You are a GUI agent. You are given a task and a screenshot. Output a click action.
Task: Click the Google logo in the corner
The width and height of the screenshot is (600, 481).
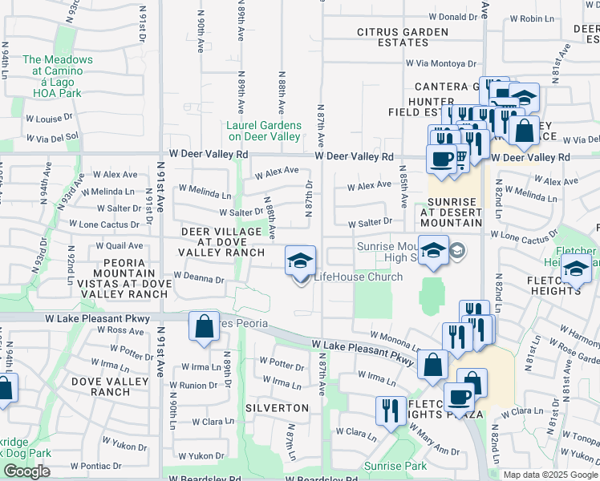[x=26, y=471]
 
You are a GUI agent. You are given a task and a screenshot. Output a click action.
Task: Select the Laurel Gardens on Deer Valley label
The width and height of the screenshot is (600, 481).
[x=264, y=131]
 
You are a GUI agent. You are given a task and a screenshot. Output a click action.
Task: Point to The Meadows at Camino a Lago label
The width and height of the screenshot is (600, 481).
[x=57, y=71]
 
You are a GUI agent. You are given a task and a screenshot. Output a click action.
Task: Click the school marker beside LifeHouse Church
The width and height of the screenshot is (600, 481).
[x=301, y=260]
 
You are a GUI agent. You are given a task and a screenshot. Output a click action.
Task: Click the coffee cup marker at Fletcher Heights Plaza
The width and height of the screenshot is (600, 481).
[x=460, y=397]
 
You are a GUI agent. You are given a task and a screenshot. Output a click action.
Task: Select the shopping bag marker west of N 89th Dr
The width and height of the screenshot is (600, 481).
[x=204, y=325]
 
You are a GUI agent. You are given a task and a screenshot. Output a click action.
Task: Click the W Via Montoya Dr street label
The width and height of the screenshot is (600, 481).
[x=440, y=63]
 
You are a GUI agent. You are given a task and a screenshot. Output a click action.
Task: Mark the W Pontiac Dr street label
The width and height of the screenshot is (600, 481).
[x=95, y=465]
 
